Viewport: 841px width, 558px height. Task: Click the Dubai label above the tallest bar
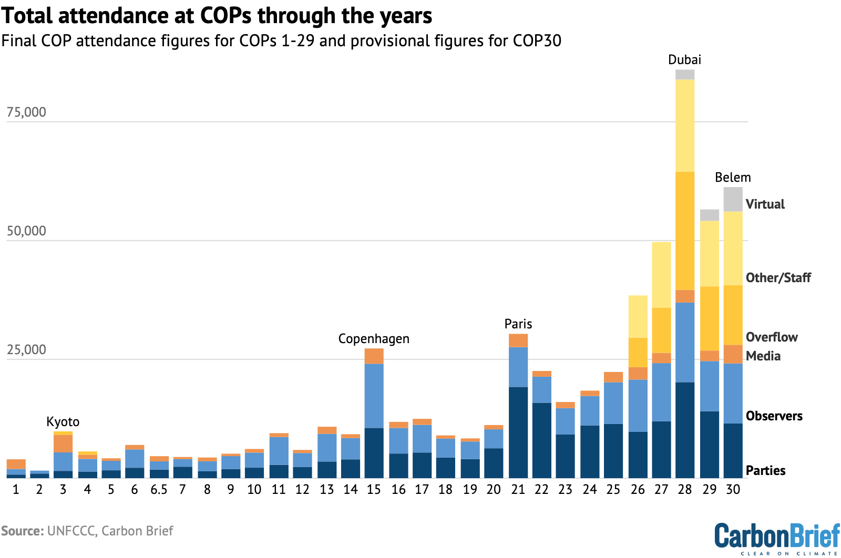coord(684,60)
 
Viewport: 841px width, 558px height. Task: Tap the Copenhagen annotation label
coord(374,339)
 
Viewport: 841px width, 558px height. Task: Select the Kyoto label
coord(63,422)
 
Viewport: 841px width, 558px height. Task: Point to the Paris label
coord(518,324)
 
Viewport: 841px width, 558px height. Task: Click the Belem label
coord(733,178)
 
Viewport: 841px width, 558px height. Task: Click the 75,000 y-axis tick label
coord(26,112)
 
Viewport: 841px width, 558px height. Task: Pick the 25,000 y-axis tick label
coord(26,350)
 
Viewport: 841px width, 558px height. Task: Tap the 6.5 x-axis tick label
coord(159,490)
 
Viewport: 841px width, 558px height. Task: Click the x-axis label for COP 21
coord(518,490)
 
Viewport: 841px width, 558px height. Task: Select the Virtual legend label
coord(765,204)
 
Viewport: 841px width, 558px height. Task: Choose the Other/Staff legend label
coord(778,278)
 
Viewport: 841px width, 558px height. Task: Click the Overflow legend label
coord(772,337)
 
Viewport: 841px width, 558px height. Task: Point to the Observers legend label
coord(774,416)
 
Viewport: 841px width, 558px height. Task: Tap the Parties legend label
coord(765,471)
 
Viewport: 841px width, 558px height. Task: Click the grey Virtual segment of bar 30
coord(733,200)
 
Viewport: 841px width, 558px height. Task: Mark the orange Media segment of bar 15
coord(374,356)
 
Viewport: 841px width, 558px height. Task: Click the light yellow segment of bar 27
coord(661,275)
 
